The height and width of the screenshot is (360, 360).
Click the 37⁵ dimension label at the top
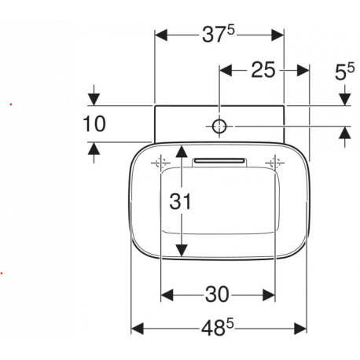click(x=219, y=35)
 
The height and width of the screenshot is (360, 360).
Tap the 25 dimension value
click(x=263, y=70)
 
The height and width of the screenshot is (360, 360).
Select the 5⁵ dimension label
click(x=344, y=72)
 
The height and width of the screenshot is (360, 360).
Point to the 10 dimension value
click(x=94, y=124)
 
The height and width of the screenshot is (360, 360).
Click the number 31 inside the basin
click(x=181, y=201)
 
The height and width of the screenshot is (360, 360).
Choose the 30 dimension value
click(x=217, y=295)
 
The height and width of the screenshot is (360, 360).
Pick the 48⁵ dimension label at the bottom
click(x=218, y=329)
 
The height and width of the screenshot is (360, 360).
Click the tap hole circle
click(x=219, y=127)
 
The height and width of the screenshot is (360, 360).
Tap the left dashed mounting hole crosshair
click(x=160, y=163)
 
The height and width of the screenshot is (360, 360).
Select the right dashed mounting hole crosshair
click(x=275, y=163)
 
